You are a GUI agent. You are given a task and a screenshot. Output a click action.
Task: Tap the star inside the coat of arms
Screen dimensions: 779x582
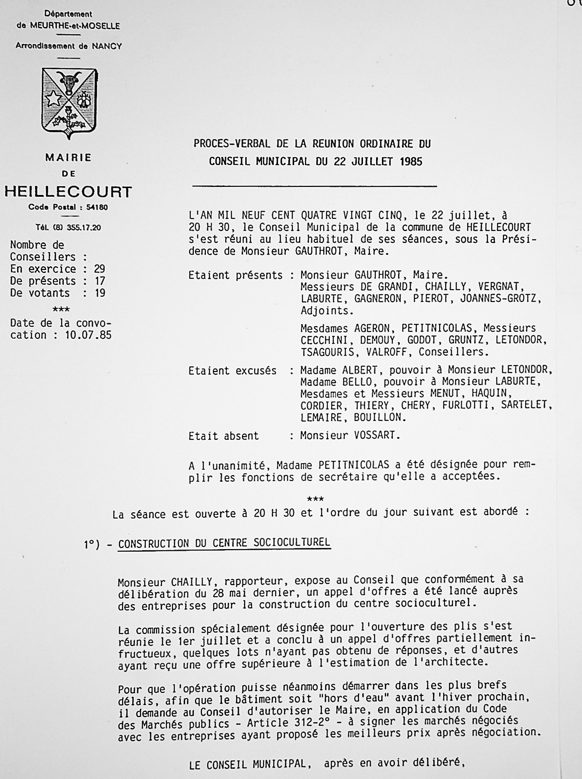click(x=54, y=98)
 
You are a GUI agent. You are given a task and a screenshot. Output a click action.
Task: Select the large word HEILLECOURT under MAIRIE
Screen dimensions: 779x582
click(x=68, y=192)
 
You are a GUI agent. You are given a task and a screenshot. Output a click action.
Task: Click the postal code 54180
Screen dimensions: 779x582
click(x=97, y=207)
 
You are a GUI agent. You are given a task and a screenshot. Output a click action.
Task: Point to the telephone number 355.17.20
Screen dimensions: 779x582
click(x=84, y=227)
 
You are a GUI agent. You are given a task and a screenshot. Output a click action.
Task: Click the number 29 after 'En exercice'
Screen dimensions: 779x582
click(x=99, y=269)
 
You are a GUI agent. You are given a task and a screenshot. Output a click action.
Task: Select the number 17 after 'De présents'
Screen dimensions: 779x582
click(x=99, y=281)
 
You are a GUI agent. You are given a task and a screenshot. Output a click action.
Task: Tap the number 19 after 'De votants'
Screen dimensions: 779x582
click(x=99, y=293)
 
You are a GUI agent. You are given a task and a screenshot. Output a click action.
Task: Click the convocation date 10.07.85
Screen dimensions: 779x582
click(x=88, y=335)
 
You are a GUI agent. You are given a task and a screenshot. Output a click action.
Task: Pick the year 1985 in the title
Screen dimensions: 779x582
click(x=411, y=161)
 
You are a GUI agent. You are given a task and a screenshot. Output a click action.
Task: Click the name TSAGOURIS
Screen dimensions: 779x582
click(x=327, y=352)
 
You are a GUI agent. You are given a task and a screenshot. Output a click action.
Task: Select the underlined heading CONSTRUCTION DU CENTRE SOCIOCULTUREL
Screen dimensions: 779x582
click(x=224, y=543)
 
